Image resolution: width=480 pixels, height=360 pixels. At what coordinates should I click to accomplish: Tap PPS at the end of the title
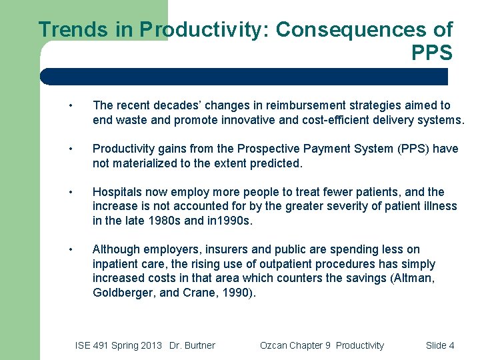(432, 53)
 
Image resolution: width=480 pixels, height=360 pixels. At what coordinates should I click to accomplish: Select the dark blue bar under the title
(244, 77)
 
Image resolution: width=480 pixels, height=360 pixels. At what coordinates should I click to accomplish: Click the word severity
(339, 206)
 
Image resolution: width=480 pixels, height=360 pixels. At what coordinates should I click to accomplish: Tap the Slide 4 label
(440, 345)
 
